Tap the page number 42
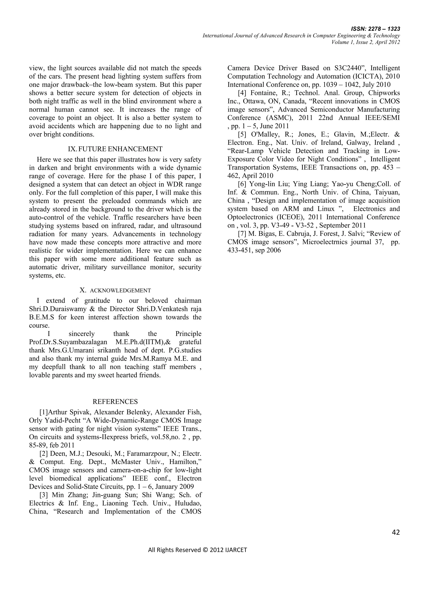coord(395,532)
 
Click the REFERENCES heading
coord(115,402)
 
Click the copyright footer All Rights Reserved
coord(197,550)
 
